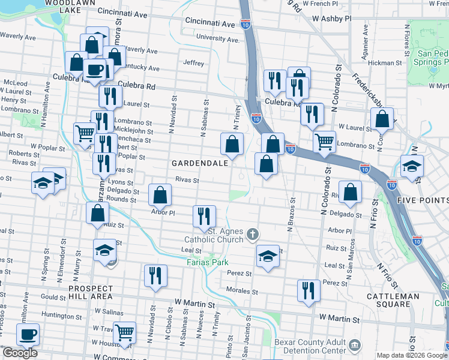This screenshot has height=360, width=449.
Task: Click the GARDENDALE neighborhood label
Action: click(199, 163)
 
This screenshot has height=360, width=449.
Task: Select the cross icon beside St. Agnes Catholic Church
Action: click(253, 233)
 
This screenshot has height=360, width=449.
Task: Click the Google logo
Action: click(20, 353)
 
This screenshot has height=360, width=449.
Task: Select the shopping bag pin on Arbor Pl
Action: click(160, 195)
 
